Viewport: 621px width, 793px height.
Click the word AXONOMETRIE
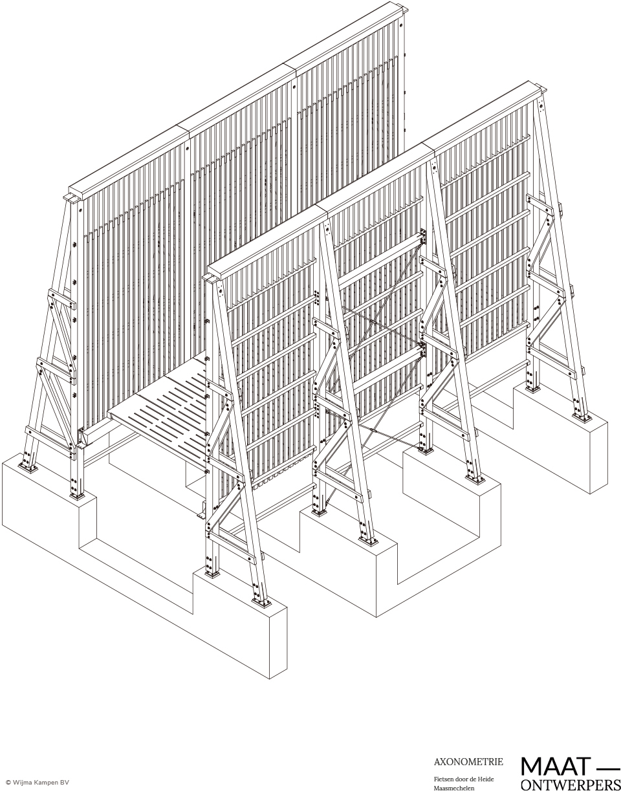coord(468,752)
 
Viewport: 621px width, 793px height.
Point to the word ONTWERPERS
coord(571,785)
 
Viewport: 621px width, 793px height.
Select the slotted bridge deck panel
coord(160,413)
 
